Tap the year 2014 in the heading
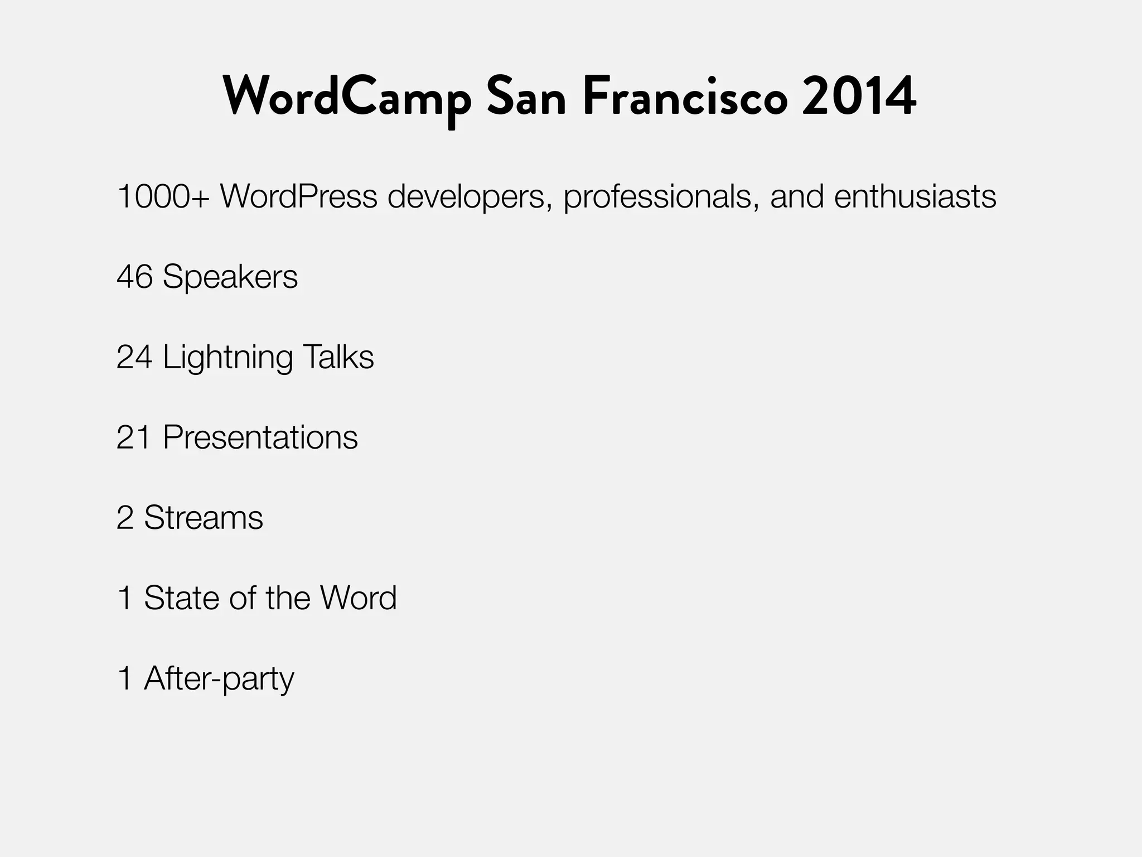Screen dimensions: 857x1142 859,96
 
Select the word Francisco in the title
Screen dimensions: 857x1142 685,96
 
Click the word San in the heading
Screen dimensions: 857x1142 526,96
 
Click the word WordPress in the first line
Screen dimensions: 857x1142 299,196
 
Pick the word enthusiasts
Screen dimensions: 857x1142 915,196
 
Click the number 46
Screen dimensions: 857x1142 134,277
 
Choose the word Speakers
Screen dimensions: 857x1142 230,277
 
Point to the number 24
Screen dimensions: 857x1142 134,357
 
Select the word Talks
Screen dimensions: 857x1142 338,357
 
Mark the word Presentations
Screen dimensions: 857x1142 260,437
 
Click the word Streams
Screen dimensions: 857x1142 204,518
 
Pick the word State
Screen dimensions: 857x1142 181,598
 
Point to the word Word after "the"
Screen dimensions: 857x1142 359,598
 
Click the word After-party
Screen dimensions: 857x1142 219,679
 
